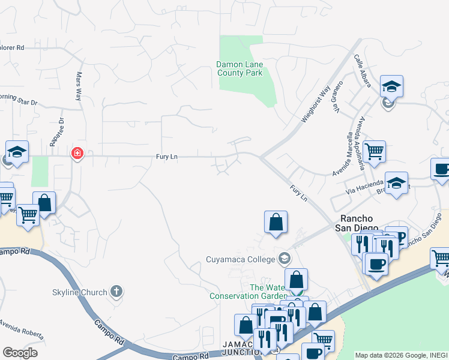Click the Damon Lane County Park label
[240, 68]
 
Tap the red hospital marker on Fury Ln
[77, 154]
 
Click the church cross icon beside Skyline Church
[116, 292]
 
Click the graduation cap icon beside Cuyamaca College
[285, 259]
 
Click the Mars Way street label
[78, 86]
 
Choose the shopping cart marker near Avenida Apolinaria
[374, 152]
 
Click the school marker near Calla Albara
[391, 86]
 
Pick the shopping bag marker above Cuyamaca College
[276, 221]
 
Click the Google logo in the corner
[20, 353]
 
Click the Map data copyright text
[401, 355]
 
